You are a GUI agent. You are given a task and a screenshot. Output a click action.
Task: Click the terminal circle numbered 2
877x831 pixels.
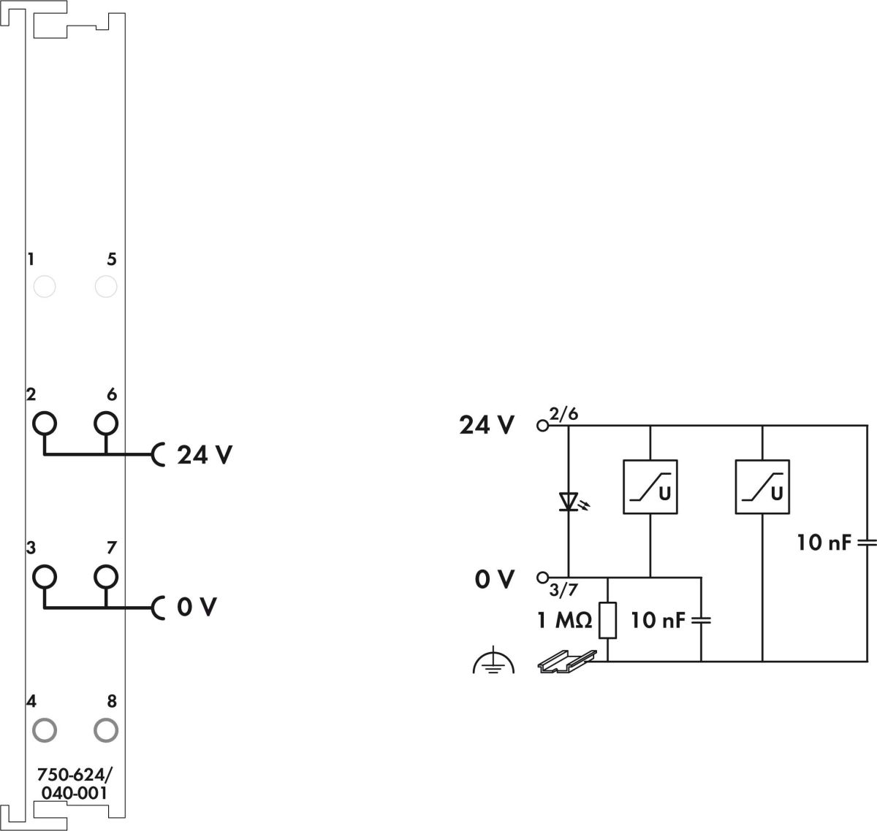[45, 423]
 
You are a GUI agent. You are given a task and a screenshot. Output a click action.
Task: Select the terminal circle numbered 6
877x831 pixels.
[106, 423]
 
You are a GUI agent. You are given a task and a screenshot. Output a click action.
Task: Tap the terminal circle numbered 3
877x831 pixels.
[45, 576]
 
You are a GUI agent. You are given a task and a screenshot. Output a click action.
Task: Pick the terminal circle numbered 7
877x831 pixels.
[106, 576]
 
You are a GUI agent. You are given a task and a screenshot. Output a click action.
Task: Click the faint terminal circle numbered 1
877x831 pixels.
[45, 287]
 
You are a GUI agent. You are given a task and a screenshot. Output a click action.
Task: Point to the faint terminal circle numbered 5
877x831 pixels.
[106, 287]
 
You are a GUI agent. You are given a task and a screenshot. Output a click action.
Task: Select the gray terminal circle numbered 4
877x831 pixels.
[45, 729]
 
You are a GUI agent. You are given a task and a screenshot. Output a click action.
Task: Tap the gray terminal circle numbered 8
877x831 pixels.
[106, 729]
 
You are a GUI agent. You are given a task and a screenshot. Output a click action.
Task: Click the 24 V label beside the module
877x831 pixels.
[205, 456]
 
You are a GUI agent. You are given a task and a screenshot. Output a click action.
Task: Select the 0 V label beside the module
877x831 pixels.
[197, 608]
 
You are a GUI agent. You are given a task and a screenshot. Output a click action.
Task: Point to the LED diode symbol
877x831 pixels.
[569, 502]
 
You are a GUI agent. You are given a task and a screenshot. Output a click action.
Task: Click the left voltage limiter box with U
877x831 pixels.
[650, 486]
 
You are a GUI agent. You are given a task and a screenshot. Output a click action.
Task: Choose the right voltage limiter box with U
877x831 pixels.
[762, 486]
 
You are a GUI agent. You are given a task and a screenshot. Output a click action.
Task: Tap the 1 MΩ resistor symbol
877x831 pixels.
[607, 621]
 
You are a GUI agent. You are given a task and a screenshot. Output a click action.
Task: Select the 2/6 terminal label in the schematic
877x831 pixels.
[563, 415]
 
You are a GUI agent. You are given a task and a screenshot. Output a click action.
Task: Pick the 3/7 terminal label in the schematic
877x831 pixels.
[563, 590]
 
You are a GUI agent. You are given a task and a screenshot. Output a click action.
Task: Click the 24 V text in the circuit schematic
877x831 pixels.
[487, 425]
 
